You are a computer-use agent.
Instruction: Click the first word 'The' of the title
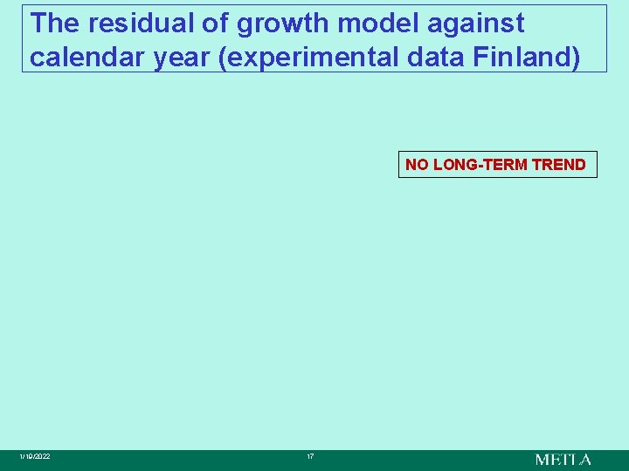pyautogui.click(x=53, y=24)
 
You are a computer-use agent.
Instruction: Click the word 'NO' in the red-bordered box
pyautogui.click(x=417, y=165)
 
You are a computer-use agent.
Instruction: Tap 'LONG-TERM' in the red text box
pyautogui.click(x=480, y=165)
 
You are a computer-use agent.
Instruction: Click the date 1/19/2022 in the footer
pyautogui.click(x=36, y=457)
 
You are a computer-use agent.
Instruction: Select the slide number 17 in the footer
pyautogui.click(x=310, y=457)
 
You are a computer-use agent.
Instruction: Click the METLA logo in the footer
pyautogui.click(x=563, y=459)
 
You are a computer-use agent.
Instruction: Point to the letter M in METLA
pyautogui.click(x=543, y=459)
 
